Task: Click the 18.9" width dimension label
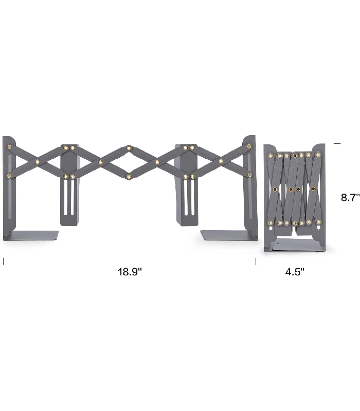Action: [130, 272]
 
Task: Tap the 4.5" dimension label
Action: [295, 272]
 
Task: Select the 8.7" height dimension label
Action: [350, 197]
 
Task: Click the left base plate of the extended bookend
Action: [31, 235]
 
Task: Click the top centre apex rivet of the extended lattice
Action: [129, 148]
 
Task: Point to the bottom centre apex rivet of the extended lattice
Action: [129, 176]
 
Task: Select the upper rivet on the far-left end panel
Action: [9, 147]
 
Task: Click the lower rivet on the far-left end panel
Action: [9, 175]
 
